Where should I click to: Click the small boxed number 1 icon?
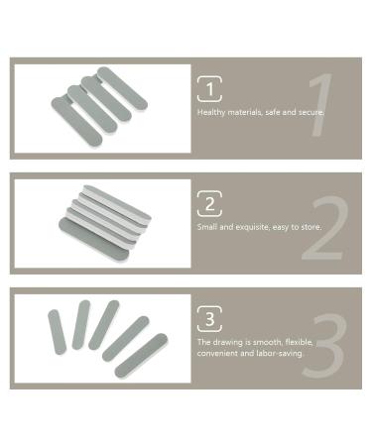click(x=208, y=89)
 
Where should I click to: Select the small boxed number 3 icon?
click(x=208, y=319)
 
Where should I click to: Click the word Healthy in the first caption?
click(x=210, y=112)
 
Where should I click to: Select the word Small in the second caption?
click(x=207, y=227)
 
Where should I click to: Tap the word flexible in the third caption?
click(x=299, y=342)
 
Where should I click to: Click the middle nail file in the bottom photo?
click(x=103, y=325)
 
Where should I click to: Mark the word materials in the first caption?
click(x=246, y=112)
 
